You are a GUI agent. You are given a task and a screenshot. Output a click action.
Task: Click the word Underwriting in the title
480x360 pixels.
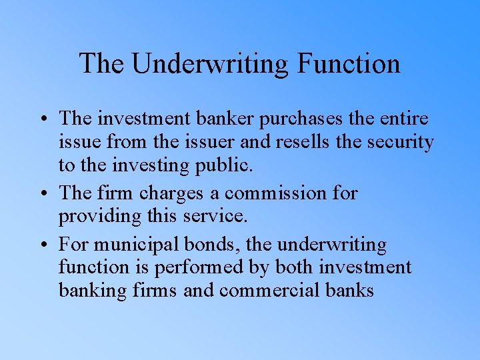point(209,64)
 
